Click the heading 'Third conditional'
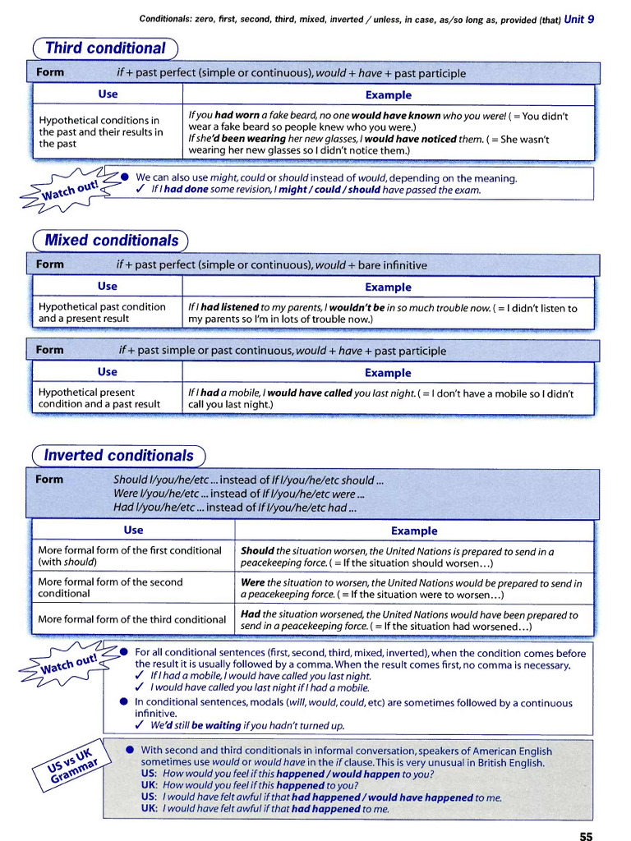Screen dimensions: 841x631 [x=105, y=48]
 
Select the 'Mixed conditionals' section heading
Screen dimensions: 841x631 [x=111, y=241]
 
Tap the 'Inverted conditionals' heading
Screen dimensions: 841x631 [x=118, y=455]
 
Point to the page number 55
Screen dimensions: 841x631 [x=585, y=836]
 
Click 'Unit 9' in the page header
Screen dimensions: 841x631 [x=579, y=19]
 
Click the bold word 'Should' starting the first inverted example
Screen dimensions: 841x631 [x=257, y=551]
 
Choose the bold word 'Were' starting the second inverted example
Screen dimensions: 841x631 [x=253, y=582]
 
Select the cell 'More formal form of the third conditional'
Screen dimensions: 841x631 [x=131, y=619]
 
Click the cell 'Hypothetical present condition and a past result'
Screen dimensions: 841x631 [x=99, y=398]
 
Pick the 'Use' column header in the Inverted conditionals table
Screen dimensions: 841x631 [x=133, y=530]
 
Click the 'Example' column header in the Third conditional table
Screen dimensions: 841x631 [x=388, y=94]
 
